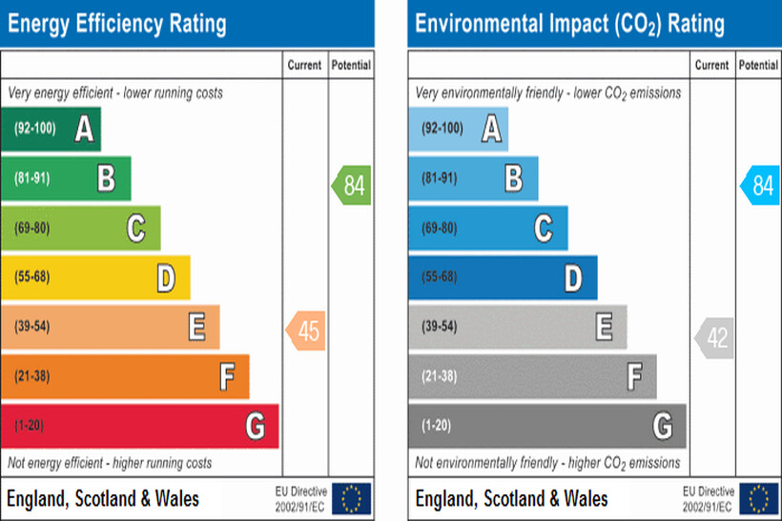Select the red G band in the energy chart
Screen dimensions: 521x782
139,426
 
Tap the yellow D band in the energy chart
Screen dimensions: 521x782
94,277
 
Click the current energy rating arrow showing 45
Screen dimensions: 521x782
306,331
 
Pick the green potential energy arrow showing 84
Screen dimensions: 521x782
352,185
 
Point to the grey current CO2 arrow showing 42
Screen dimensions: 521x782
714,338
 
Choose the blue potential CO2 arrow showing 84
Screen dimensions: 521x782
760,185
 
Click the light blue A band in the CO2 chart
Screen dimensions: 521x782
458,129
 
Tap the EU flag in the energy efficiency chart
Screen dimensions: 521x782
352,498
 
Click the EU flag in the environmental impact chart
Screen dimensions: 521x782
759,498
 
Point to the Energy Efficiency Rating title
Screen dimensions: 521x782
117,23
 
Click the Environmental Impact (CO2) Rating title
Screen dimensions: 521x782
569,23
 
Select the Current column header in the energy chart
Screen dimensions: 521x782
305,66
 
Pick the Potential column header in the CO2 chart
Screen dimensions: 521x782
758,66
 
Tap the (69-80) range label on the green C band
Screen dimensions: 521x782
33,229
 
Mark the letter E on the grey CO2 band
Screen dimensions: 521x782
604,327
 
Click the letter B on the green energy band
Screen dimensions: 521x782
106,178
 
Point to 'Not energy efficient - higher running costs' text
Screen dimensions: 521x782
110,463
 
